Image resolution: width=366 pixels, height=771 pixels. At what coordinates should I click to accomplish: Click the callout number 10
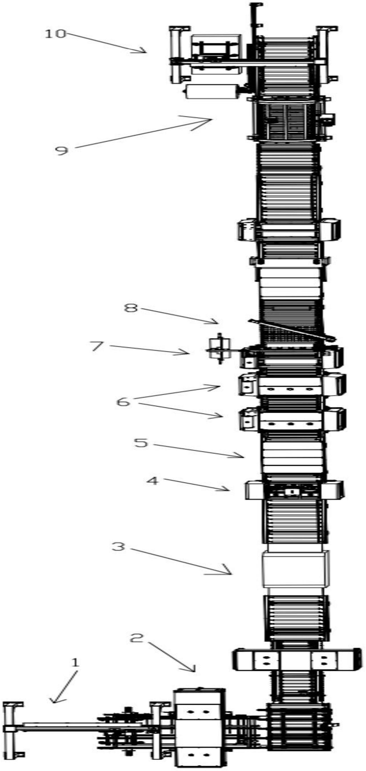coord(55,33)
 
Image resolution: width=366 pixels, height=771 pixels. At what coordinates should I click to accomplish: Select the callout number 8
coord(131,308)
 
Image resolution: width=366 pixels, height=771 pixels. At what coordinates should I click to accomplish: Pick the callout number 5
coord(141,442)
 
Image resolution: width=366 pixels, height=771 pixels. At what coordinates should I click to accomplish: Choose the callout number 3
coord(118,546)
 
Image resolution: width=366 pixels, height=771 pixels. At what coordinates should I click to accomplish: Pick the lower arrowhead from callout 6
coord(222,416)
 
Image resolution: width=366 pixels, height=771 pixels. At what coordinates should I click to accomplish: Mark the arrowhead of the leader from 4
coord(229,490)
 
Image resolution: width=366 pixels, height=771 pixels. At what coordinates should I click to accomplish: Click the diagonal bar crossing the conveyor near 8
coord(292,330)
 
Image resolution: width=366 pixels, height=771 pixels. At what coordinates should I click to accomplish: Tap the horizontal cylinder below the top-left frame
coord(211,91)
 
